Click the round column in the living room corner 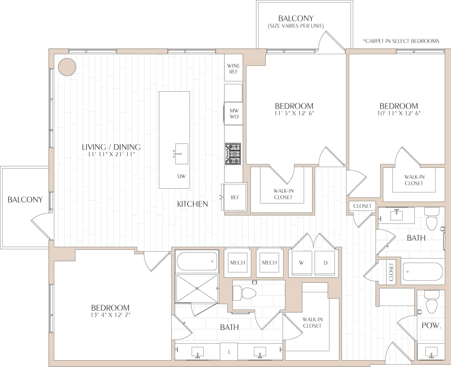(67, 67)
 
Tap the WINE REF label (234, 69)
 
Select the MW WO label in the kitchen (234, 114)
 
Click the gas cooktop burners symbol (233, 154)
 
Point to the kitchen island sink (181, 154)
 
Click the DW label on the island (181, 176)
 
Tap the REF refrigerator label (235, 197)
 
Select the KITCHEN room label (192, 204)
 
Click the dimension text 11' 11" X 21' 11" (111, 154)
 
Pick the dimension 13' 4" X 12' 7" (110, 315)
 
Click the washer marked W (301, 263)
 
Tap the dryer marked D (325, 263)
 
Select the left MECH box (237, 263)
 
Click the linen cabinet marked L (229, 352)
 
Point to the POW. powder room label (431, 325)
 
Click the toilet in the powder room (431, 305)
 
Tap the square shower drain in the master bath (197, 288)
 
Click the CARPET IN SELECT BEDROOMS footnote (401, 41)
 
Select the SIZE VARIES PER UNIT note (296, 26)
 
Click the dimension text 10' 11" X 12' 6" (399, 113)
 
